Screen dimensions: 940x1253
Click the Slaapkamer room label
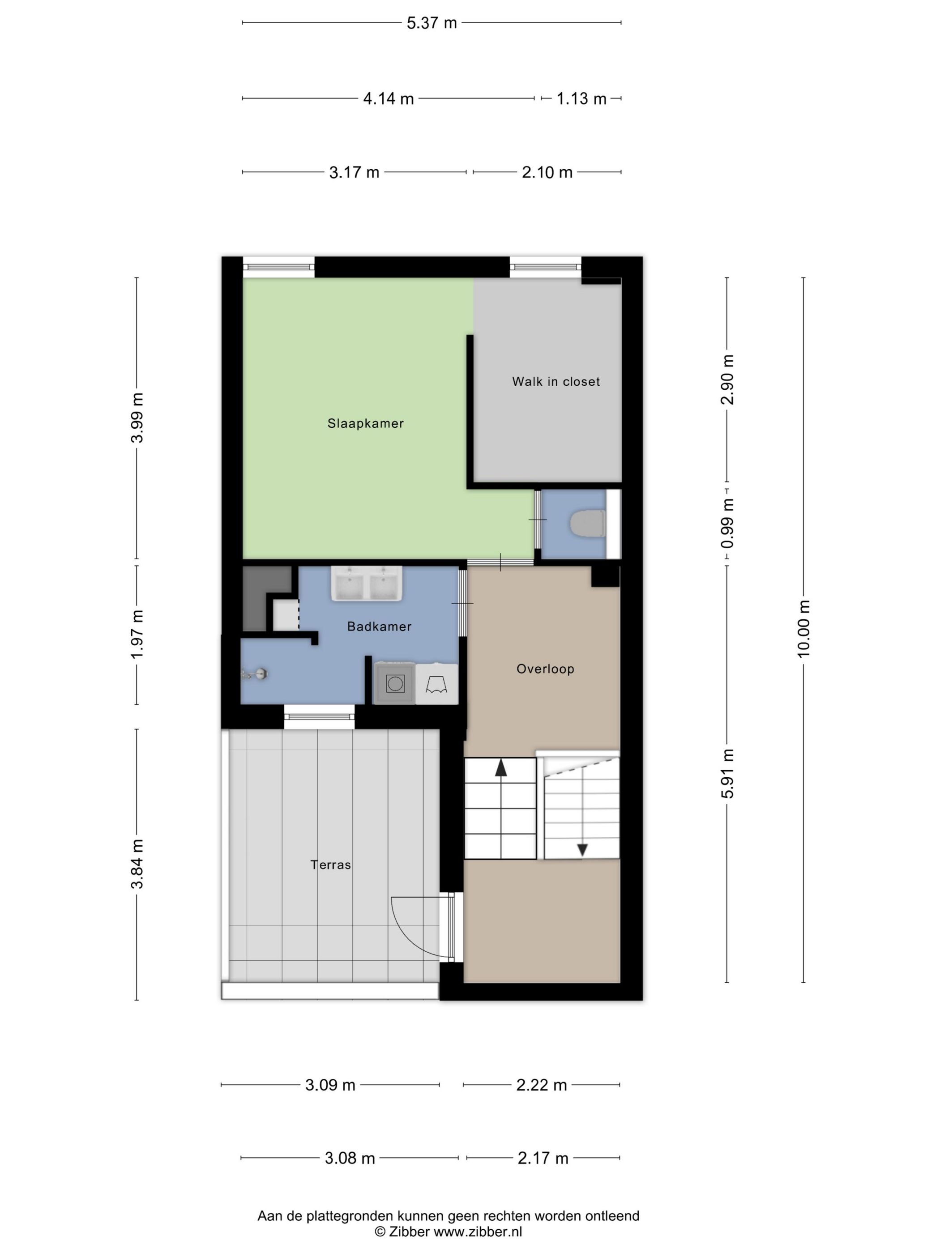[365, 423]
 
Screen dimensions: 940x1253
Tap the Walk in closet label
[556, 381]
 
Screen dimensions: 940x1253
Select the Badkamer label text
[379, 626]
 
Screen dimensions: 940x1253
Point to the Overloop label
[545, 669]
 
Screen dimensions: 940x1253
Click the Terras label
[331, 865]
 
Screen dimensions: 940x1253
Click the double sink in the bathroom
[367, 583]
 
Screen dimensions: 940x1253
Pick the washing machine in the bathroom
[395, 684]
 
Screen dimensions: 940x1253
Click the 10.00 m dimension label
[803, 629]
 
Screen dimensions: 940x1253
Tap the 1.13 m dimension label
[581, 98]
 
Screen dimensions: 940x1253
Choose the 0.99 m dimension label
[727, 524]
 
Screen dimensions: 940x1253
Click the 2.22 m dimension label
[541, 1085]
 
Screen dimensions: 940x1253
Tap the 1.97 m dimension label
[137, 635]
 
